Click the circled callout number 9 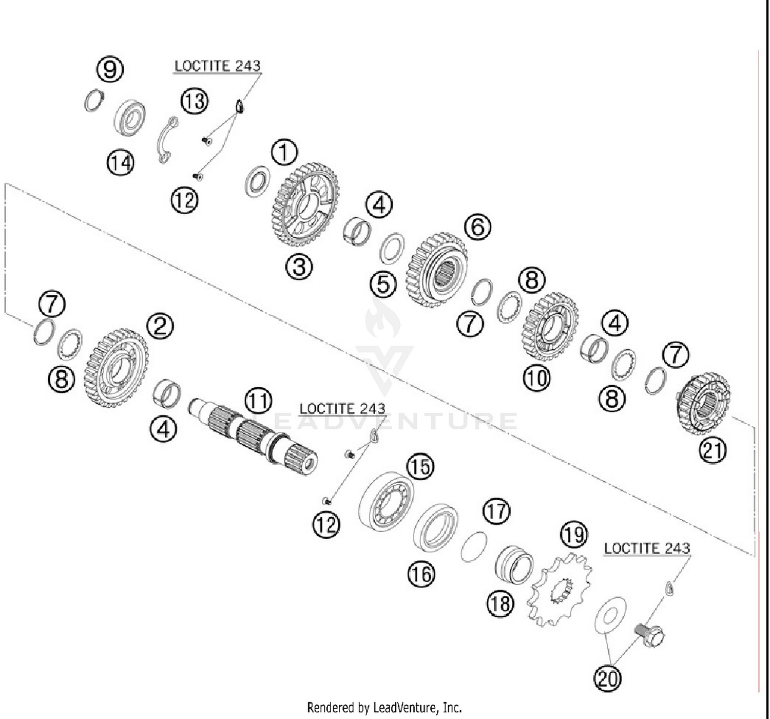(110, 68)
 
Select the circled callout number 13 (195, 101)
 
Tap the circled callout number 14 (121, 163)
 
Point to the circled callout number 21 (713, 450)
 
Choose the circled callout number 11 (258, 401)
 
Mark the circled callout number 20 (607, 678)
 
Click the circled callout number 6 (477, 226)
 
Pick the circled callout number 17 (496, 511)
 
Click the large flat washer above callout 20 (610, 615)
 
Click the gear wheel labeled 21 (703, 403)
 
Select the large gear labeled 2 (116, 368)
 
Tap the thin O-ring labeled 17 (474, 546)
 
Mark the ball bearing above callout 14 (129, 118)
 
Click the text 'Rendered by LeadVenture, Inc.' (384, 708)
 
